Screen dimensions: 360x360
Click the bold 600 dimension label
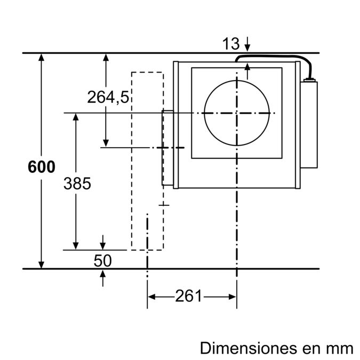[x=41, y=167]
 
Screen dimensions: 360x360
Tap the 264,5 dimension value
[x=108, y=97]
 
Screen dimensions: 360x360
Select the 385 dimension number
[x=77, y=183]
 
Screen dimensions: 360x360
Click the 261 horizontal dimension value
[x=189, y=296]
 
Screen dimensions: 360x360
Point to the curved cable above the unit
[x=277, y=57]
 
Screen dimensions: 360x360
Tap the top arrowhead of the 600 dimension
[x=41, y=58]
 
